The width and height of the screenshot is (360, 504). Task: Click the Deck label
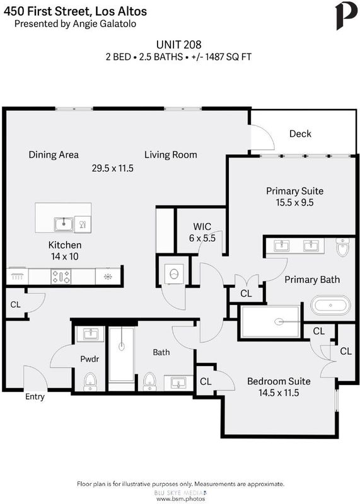pyautogui.click(x=300, y=134)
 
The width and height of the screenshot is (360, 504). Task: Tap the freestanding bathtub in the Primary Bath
pyautogui.click(x=330, y=305)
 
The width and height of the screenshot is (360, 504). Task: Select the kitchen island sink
pyautogui.click(x=64, y=224)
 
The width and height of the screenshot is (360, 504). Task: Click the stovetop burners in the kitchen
pyautogui.click(x=61, y=277)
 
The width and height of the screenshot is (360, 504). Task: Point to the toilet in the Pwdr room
pyautogui.click(x=90, y=382)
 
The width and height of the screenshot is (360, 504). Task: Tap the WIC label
pyautogui.click(x=202, y=227)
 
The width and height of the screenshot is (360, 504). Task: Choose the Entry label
pyautogui.click(x=35, y=397)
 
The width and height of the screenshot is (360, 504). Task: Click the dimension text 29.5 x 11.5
pyautogui.click(x=113, y=168)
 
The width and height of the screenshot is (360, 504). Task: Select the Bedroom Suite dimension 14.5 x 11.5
pyautogui.click(x=279, y=392)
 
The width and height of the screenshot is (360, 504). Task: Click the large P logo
pyautogui.click(x=346, y=16)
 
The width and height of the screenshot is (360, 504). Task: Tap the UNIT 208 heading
pyautogui.click(x=178, y=44)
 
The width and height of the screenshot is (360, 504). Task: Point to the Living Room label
pyautogui.click(x=170, y=155)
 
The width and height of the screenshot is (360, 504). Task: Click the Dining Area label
pyautogui.click(x=54, y=155)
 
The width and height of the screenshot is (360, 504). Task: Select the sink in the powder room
pyautogui.click(x=90, y=334)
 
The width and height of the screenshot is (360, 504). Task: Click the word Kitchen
pyautogui.click(x=65, y=245)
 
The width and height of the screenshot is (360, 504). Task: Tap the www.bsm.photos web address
pyautogui.click(x=180, y=499)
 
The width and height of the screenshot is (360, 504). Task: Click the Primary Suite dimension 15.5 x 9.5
pyautogui.click(x=294, y=202)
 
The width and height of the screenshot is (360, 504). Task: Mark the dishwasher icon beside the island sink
pyautogui.click(x=83, y=224)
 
